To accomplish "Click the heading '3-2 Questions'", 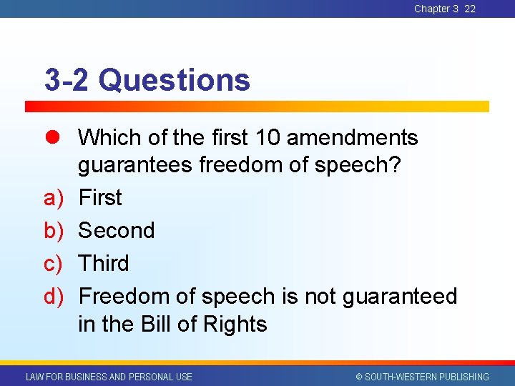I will (147, 80).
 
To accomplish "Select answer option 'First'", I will (100, 197).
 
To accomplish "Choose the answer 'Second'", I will (116, 230).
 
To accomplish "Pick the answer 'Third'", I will (104, 263).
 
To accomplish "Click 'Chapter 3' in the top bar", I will (436, 9).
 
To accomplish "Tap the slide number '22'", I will (470, 9).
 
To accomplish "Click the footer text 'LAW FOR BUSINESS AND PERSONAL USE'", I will (109, 377).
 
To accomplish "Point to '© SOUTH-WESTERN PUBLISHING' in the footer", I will (422, 377).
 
